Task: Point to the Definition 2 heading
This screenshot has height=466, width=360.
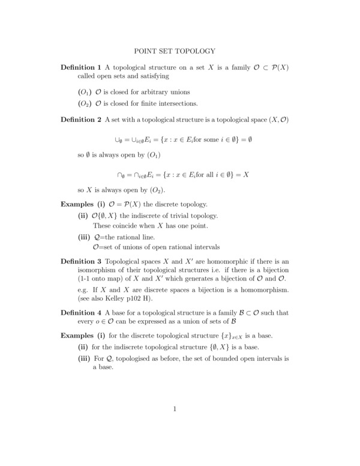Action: point(82,120)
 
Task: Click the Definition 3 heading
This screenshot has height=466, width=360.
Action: point(82,262)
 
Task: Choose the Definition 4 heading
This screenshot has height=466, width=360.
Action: point(82,313)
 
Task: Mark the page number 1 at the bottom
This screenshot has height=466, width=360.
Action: point(175,410)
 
